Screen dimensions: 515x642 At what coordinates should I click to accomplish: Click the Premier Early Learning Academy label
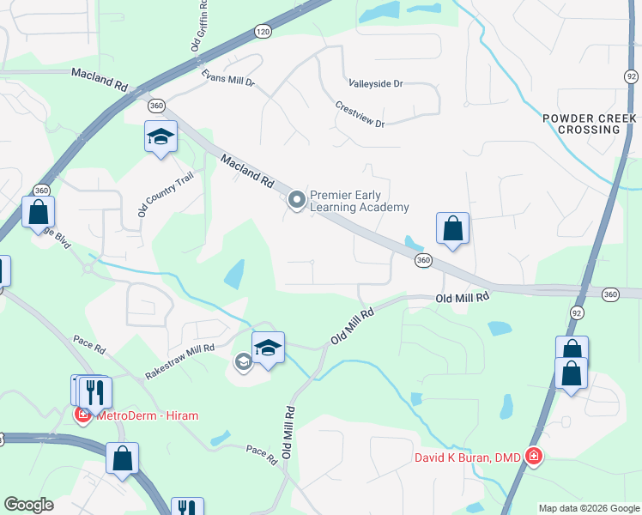pos(359,201)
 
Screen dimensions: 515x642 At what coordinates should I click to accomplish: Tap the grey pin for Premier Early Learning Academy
pos(297,201)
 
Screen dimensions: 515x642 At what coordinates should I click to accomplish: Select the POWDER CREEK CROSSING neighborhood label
pos(589,124)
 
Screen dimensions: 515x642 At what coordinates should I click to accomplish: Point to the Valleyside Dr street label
pos(375,84)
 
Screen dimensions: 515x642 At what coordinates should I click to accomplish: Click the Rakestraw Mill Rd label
pos(179,361)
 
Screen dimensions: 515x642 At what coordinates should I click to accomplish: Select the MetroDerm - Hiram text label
pos(147,415)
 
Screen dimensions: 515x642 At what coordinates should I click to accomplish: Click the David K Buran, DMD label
pos(468,457)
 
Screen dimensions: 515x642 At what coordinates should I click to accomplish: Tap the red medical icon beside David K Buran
pos(534,456)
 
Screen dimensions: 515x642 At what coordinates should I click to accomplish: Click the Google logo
pos(28,505)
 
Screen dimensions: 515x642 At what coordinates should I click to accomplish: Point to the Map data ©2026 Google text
pos(588,508)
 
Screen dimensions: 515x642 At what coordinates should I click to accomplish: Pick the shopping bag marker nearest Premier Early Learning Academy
pos(452,229)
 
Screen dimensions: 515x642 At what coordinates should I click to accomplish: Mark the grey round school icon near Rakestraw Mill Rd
pos(243,362)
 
